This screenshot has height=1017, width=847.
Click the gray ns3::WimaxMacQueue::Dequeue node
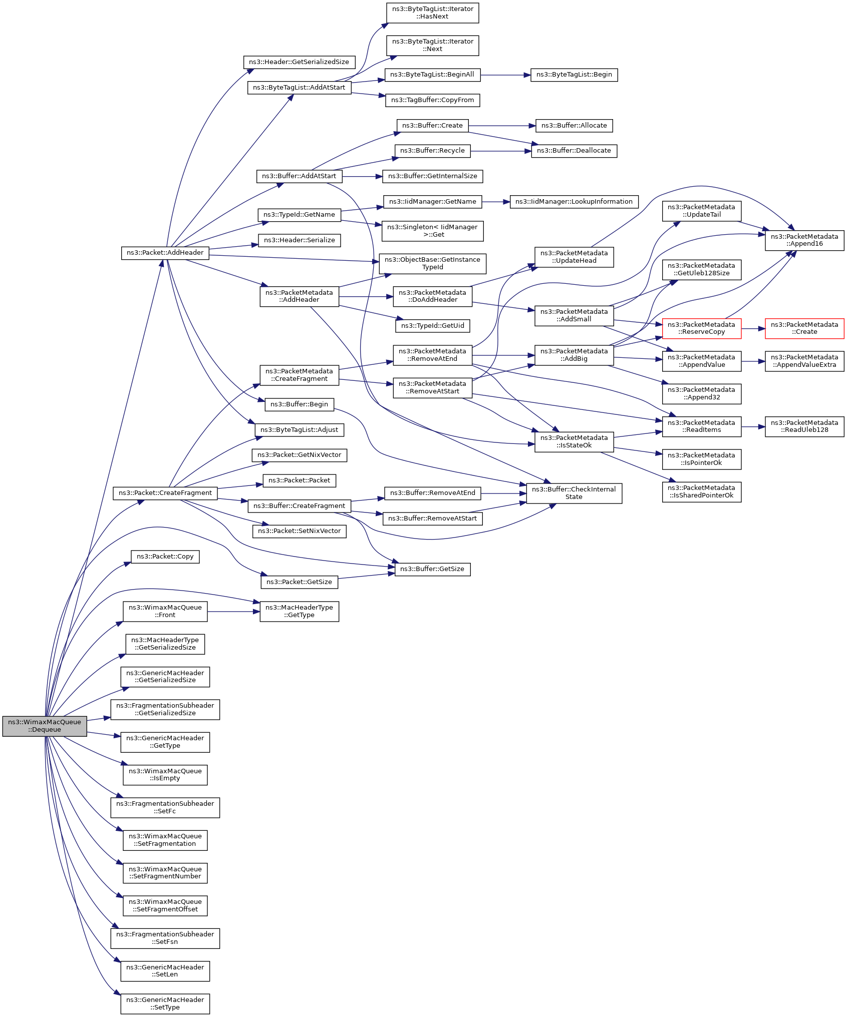[44, 726]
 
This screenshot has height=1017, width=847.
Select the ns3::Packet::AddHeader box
[165, 253]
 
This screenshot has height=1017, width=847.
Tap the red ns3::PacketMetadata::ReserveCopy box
[701, 328]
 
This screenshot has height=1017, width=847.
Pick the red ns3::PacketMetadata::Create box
[804, 328]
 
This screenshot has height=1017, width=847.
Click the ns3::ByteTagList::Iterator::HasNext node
[432, 13]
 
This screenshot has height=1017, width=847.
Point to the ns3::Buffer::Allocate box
[574, 126]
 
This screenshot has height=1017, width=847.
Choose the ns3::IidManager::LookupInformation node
[574, 202]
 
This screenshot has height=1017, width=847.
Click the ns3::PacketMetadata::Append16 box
[804, 240]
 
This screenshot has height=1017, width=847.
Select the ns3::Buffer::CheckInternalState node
[574, 493]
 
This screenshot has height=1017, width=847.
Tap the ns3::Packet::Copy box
[165, 557]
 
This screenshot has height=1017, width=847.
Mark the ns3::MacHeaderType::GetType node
[299, 611]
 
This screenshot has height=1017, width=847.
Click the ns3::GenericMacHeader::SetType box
[165, 1003]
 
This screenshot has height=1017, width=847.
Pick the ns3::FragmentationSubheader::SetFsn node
[165, 938]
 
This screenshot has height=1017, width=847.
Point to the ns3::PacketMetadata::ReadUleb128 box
[804, 426]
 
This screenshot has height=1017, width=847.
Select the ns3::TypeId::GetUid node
[432, 326]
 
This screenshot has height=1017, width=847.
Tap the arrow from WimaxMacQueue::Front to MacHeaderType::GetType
[233, 611]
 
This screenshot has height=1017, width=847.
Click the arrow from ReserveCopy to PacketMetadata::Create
[753, 328]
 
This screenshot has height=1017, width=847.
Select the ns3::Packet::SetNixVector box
[299, 531]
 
